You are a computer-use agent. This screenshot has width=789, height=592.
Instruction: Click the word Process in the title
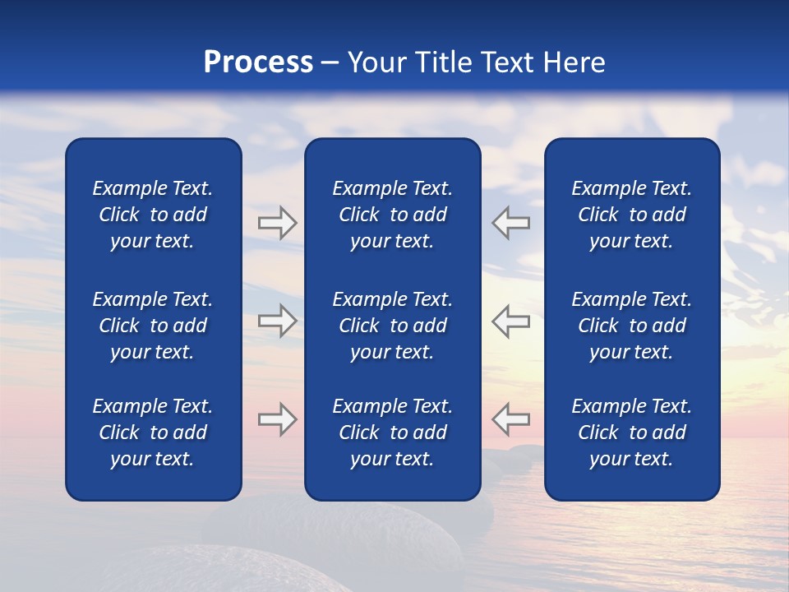click(258, 62)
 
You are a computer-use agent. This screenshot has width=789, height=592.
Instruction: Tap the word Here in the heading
click(574, 62)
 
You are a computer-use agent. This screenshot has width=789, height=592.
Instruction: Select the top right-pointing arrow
click(277, 223)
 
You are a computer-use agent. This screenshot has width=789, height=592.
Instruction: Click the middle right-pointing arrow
click(277, 321)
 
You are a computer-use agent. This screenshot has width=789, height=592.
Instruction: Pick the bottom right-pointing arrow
click(277, 419)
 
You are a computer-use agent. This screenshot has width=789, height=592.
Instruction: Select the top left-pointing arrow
click(510, 223)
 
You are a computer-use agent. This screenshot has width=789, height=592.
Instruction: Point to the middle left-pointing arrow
click(510, 321)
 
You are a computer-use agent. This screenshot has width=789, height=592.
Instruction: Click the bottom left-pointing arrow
click(510, 419)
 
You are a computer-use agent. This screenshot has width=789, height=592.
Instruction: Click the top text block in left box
click(153, 215)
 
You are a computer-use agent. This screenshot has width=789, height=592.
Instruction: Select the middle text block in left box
click(153, 326)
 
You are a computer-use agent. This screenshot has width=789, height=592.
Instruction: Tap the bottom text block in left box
click(153, 432)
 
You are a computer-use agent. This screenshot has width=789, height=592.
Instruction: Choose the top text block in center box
click(392, 215)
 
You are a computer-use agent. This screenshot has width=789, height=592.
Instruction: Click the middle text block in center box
click(392, 326)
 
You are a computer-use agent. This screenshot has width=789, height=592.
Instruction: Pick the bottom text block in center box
click(392, 432)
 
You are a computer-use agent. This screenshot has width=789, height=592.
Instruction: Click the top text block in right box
click(631, 215)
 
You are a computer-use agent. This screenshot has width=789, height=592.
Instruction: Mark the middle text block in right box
click(631, 326)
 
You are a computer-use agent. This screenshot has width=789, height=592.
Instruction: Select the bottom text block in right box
click(631, 432)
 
